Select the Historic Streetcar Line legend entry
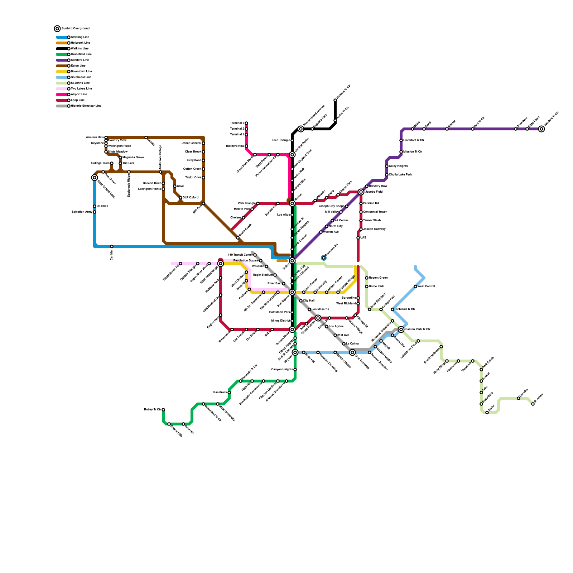point(86,106)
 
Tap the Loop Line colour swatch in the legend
point(62,100)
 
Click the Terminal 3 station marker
point(246,123)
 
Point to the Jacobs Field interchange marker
point(361,192)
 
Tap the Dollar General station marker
point(203,143)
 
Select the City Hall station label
point(309,301)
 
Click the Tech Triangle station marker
point(292,140)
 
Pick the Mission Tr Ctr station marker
point(401,152)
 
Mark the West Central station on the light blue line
point(415,286)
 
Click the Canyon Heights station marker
point(295,370)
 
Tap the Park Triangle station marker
point(258,203)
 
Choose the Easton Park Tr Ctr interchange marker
point(401,329)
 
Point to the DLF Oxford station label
point(191,198)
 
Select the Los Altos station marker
point(292,215)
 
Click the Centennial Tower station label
point(374,212)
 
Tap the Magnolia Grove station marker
point(120,158)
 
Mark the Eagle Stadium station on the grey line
point(275,275)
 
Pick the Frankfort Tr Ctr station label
point(414,140)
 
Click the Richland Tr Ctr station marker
point(393,309)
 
